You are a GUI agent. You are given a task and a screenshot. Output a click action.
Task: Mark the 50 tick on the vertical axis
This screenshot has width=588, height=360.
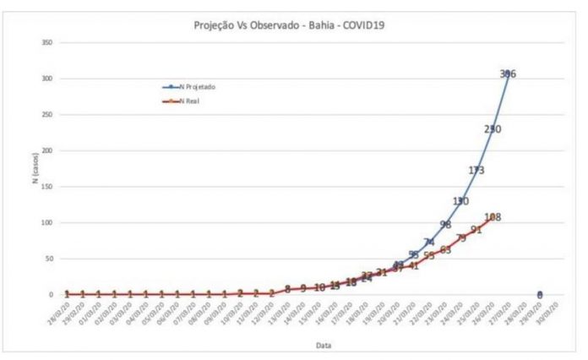51,259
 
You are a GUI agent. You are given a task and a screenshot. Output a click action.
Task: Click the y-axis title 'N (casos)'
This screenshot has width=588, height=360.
36,169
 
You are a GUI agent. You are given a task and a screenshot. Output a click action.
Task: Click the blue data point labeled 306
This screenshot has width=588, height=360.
508,74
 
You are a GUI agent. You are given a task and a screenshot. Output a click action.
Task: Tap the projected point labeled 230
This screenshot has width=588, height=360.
493,129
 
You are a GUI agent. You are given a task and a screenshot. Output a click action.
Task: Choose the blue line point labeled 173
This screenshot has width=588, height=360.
476,170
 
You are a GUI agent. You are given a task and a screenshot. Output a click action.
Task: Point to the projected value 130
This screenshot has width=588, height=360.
460,201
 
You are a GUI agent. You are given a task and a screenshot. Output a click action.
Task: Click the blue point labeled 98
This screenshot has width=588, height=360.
445,224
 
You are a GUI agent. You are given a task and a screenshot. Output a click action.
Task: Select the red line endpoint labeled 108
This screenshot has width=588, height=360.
493,217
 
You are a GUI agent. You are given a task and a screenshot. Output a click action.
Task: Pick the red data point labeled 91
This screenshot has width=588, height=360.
476,229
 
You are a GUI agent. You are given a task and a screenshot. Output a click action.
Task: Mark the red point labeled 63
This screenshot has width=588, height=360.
445,249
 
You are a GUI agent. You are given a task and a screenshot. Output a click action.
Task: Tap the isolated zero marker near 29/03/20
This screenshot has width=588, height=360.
540,294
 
